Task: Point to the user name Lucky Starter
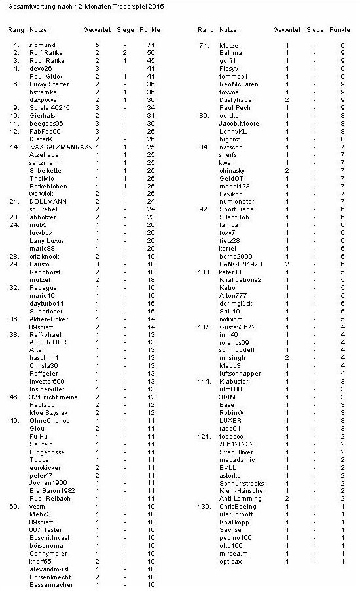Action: pyautogui.click(x=48, y=84)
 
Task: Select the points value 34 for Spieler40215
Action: pyautogui.click(x=150, y=108)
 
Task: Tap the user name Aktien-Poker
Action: pyautogui.click(x=48, y=319)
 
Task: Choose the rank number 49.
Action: pyautogui.click(x=14, y=421)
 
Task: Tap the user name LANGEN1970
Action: pyautogui.click(x=240, y=264)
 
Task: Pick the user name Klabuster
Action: pyautogui.click(x=234, y=382)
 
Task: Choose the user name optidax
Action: pyautogui.click(x=232, y=562)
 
